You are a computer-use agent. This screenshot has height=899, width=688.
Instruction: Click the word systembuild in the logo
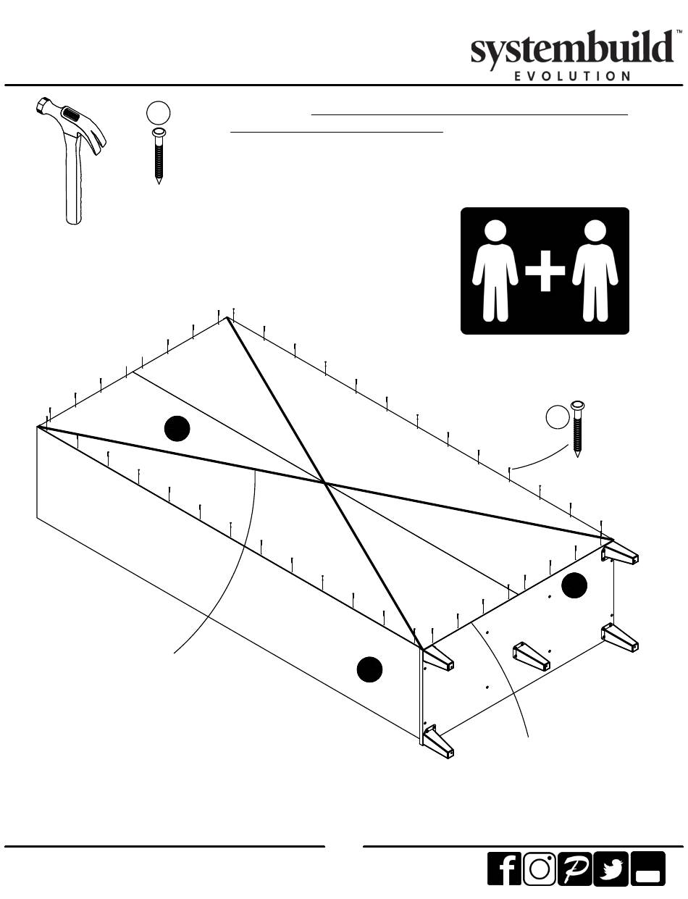click(572, 51)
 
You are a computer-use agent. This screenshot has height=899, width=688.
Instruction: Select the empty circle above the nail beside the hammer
click(158, 114)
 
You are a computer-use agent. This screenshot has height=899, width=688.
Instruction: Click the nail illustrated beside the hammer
click(158, 156)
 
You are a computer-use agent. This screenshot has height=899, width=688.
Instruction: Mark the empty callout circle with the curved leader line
click(557, 417)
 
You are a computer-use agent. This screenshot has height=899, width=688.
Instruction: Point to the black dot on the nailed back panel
click(177, 429)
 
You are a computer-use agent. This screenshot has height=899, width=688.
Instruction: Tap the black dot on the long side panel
click(370, 669)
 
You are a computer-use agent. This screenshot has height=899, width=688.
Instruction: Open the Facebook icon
click(504, 868)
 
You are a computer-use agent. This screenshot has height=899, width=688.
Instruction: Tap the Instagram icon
click(539, 868)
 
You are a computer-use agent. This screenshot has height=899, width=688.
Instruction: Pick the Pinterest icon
click(574, 868)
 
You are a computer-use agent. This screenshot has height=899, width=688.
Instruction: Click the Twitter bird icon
click(611, 868)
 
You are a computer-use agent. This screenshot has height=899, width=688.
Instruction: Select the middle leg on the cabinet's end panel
click(532, 656)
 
